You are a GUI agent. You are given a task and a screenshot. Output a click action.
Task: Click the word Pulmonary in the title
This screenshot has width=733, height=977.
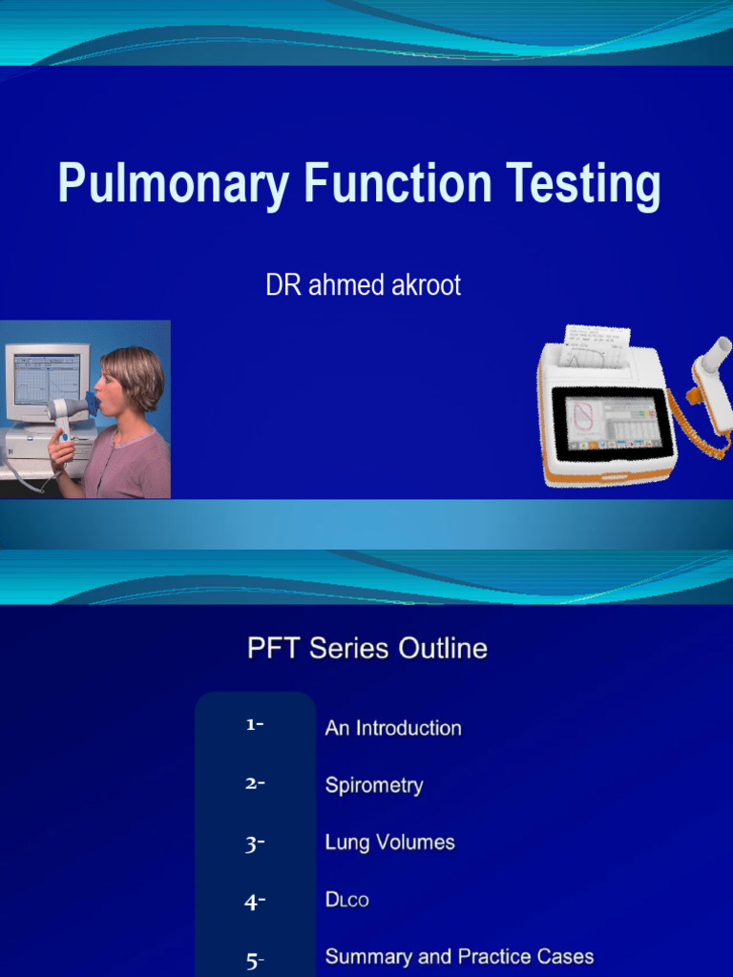(x=173, y=184)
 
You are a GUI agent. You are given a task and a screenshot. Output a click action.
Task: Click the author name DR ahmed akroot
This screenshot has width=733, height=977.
(x=363, y=285)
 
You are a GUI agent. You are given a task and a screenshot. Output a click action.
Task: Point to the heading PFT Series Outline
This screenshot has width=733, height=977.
(x=367, y=649)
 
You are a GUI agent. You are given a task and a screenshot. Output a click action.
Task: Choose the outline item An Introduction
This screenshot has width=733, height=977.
(x=393, y=728)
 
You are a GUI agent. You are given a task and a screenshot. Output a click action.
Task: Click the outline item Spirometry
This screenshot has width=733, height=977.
(x=374, y=785)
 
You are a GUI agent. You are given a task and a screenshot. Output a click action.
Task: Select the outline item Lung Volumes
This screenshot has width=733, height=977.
(x=389, y=842)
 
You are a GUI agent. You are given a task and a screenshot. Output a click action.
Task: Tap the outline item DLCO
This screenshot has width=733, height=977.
(x=346, y=900)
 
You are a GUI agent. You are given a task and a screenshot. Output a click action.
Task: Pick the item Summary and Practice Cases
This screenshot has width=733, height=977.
(x=459, y=956)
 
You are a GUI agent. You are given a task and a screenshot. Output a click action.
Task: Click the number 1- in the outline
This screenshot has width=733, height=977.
(x=254, y=725)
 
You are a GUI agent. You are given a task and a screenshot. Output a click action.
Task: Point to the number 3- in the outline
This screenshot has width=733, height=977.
(x=254, y=843)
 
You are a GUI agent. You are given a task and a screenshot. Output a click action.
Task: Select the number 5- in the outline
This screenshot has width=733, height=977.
(x=255, y=961)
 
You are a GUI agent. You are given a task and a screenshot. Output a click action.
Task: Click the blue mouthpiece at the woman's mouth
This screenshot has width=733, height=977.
(x=91, y=402)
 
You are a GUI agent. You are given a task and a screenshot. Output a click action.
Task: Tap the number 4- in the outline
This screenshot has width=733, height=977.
(x=254, y=902)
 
